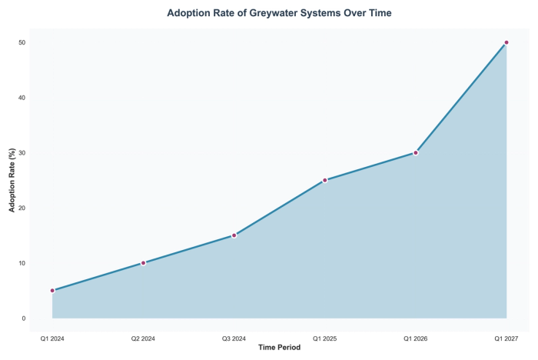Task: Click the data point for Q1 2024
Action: (x=52, y=291)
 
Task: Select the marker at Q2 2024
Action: (x=143, y=263)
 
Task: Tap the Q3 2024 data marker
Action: (x=234, y=235)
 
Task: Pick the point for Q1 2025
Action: (x=325, y=180)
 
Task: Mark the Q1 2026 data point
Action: (x=416, y=152)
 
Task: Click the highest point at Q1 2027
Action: (x=506, y=42)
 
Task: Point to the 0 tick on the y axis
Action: (x=24, y=318)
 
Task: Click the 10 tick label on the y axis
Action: (x=22, y=263)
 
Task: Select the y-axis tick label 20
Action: (x=22, y=208)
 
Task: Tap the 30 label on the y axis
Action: (x=22, y=153)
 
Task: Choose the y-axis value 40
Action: (x=22, y=98)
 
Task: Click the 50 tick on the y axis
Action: (x=22, y=42)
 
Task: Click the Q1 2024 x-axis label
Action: (x=52, y=338)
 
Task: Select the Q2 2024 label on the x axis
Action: (x=143, y=338)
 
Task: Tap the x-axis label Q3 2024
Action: (x=234, y=338)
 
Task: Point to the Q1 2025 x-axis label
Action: (x=325, y=338)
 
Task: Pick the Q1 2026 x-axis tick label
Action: (x=416, y=338)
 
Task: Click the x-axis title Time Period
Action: (x=279, y=348)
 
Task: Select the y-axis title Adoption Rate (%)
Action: (x=12, y=181)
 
